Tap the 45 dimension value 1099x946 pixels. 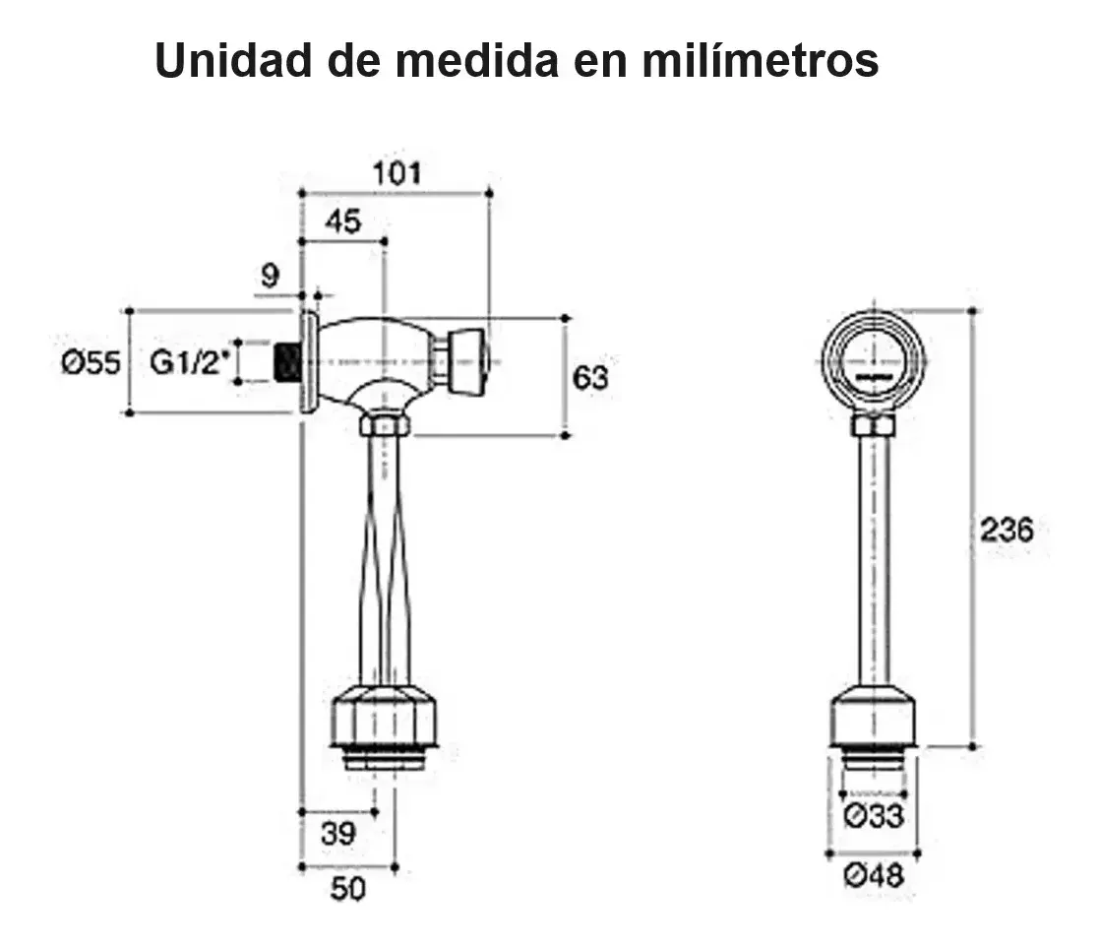[342, 222]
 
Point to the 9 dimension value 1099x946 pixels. [271, 277]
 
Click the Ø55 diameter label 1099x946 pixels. [90, 363]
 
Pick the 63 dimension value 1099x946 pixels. [590, 377]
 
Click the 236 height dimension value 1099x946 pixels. [1007, 530]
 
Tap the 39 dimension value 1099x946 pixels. [338, 834]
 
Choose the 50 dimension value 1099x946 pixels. [347, 889]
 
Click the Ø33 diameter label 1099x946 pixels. [874, 815]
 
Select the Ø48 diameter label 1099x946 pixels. [874, 875]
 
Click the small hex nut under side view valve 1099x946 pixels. [384, 425]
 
